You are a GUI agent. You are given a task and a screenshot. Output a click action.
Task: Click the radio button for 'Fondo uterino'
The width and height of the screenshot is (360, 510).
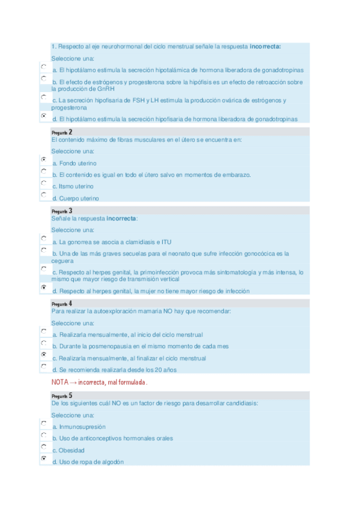43,160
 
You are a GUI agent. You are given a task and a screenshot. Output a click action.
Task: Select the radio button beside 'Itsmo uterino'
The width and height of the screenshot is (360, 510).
43,183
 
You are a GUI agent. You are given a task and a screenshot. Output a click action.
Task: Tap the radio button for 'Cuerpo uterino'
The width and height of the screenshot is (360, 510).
43,195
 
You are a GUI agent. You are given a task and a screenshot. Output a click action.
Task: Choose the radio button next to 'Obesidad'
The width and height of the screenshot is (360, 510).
43,447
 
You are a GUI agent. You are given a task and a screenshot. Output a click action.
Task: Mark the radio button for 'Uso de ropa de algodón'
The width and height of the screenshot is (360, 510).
43,459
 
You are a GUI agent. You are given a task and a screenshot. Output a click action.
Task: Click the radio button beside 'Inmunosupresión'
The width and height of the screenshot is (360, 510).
43,423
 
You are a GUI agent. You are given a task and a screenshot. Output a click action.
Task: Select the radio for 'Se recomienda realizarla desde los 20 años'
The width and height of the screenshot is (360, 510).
43,367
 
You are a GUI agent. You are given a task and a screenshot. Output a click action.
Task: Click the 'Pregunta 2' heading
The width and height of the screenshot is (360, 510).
62,132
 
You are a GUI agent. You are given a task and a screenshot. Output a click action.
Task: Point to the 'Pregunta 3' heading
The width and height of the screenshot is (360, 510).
62,211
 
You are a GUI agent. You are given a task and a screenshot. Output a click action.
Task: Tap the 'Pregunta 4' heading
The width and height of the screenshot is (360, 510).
62,304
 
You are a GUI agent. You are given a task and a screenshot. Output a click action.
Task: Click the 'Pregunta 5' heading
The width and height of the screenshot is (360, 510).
62,396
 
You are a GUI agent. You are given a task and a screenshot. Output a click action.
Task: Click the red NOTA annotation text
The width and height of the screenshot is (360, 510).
100,382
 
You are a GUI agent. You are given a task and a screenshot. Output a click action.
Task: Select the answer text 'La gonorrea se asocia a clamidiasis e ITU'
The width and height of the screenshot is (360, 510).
111,242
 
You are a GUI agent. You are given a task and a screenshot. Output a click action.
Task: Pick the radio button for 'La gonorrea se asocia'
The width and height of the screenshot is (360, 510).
43,239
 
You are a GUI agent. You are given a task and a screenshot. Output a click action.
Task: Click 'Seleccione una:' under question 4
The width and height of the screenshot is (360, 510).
73,323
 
